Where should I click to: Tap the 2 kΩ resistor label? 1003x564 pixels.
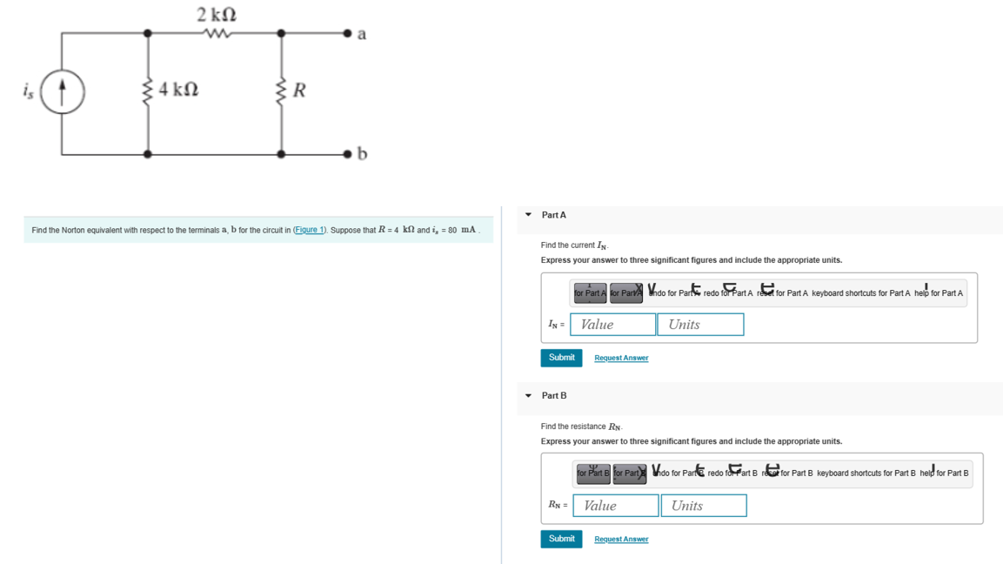[x=216, y=15]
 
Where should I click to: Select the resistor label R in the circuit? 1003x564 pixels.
[x=299, y=91]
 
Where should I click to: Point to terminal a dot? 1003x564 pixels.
[x=348, y=34]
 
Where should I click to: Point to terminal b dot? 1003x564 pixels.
[x=348, y=154]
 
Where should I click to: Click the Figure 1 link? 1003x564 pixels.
[x=310, y=230]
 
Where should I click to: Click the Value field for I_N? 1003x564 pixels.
[x=612, y=325]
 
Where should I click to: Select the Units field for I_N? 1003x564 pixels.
[x=700, y=325]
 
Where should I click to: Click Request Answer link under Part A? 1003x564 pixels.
[x=621, y=358]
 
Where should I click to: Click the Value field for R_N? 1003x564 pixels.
[x=615, y=506]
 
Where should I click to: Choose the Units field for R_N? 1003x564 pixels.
[x=703, y=506]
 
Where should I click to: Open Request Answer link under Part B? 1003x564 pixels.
[x=621, y=539]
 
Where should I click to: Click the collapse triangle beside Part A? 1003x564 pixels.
[x=528, y=215]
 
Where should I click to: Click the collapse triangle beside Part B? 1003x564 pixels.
[x=528, y=396]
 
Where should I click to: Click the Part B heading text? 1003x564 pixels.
[x=554, y=396]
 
